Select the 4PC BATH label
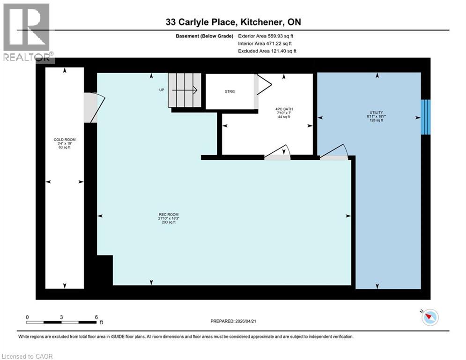point(284,112)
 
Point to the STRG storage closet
point(229,91)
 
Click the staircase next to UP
point(185,90)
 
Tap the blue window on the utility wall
point(425,117)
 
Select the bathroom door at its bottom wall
point(278,153)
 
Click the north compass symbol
point(429,317)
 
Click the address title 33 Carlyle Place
point(233,22)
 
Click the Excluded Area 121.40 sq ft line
point(267,51)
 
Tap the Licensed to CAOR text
point(28,356)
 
